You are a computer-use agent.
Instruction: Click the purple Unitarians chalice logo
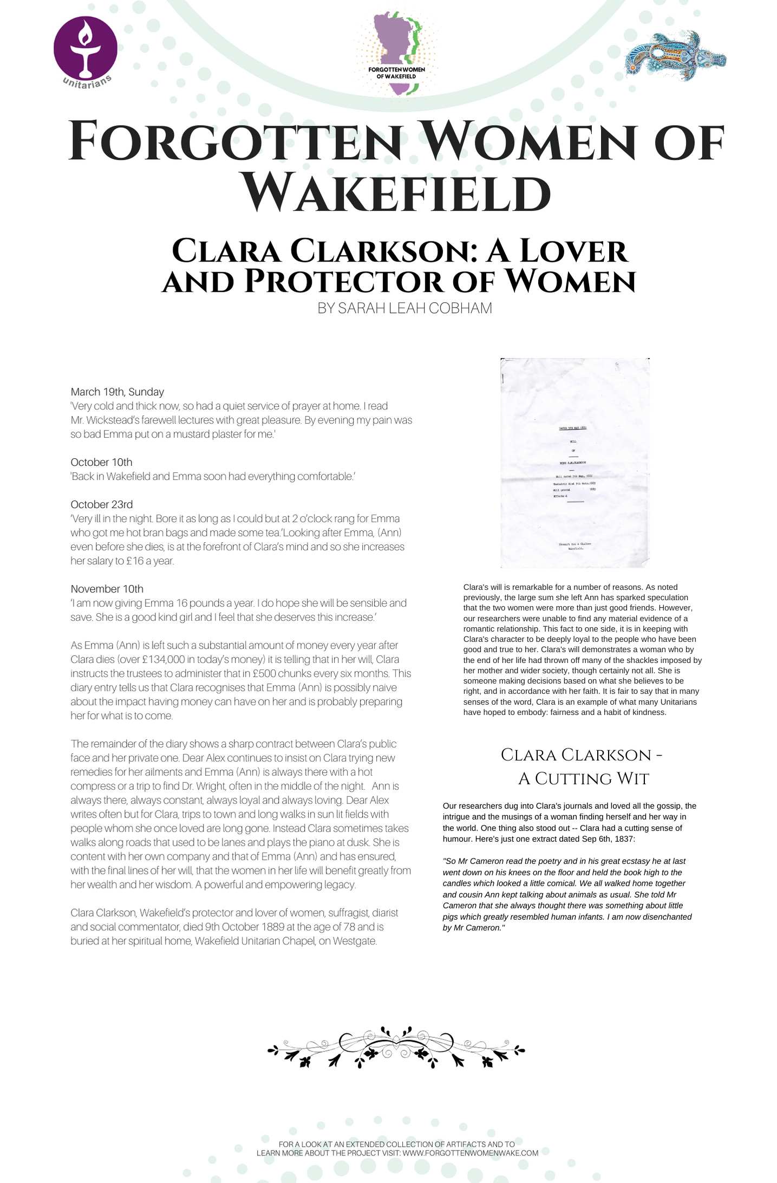click(86, 50)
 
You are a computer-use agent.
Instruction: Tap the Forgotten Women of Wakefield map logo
click(397, 54)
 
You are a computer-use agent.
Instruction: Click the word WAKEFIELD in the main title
click(396, 193)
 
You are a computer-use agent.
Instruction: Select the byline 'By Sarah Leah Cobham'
click(404, 308)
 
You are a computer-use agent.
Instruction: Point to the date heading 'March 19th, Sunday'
click(117, 392)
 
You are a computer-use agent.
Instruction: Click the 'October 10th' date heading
click(101, 462)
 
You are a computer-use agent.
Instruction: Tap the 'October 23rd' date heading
click(101, 504)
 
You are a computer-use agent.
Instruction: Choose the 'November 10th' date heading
click(107, 589)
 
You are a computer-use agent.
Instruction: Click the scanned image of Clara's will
click(574, 463)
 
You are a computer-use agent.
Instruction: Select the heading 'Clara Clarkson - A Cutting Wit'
click(583, 766)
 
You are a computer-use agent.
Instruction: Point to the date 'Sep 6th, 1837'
click(608, 839)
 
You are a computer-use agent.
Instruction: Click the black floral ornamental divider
click(396, 1047)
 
